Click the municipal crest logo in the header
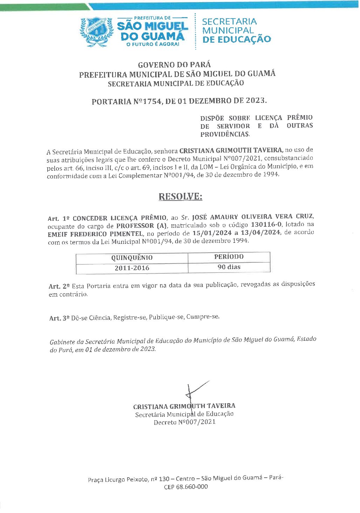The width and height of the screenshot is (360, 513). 97,31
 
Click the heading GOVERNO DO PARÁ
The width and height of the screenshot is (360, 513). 174,65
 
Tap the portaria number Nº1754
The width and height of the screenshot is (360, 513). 147,101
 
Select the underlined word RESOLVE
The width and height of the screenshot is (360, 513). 180,196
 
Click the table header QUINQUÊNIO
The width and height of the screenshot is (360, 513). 132,258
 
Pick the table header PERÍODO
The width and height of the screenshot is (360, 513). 229,257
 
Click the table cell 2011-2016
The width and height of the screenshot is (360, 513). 132,268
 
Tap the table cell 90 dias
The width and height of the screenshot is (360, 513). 229,267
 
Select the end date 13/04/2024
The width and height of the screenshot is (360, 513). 260,233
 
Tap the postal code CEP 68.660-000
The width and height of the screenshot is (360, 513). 186,487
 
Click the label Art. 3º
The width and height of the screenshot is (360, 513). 59,318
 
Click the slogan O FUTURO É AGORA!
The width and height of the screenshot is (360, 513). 152,44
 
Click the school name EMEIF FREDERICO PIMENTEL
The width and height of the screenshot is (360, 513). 95,234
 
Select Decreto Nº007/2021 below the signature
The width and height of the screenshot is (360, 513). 185,422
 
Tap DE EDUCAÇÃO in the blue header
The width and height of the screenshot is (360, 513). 236,39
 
